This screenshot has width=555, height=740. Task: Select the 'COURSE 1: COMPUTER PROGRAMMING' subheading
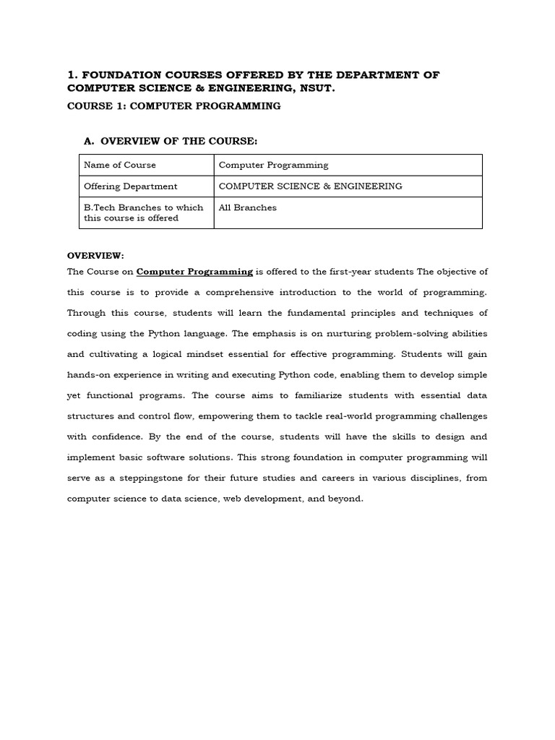coord(173,106)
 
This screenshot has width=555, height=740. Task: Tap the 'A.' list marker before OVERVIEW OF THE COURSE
coord(90,140)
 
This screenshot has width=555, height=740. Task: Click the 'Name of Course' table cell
coord(120,165)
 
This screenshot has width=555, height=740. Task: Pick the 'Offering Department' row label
coord(131,186)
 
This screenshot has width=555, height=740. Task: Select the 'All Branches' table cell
coord(248,207)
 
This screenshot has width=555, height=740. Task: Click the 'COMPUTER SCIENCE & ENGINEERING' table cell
coord(311,186)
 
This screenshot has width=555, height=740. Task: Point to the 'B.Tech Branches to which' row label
coord(144,207)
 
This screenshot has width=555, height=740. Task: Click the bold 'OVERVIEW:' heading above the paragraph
coord(96,255)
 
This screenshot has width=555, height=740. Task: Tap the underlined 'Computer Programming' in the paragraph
coord(194,272)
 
